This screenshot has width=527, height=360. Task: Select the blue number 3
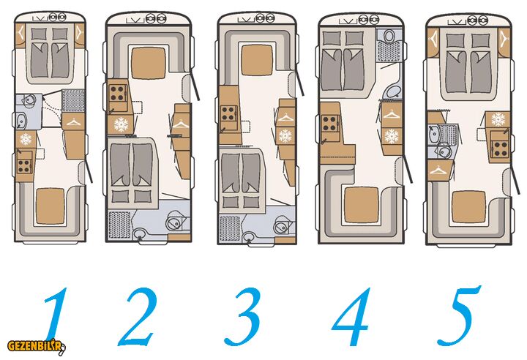point(243,316)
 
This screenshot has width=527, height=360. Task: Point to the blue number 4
point(352,316)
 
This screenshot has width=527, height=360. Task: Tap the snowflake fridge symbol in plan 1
point(26,139)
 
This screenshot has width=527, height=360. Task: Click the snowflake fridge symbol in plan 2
point(121,124)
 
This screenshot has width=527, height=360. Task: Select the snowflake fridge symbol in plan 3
point(285,135)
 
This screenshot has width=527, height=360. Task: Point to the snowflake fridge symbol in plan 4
point(391,136)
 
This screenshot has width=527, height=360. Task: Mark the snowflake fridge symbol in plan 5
point(498,119)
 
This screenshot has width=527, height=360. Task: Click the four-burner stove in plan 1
point(24,165)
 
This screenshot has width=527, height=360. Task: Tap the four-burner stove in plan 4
point(329,124)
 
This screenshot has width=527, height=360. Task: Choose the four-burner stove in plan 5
point(500,149)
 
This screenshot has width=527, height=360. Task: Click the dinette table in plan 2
point(148,63)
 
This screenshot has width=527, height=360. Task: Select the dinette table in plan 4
point(362,204)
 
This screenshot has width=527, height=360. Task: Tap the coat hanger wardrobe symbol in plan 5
point(438,170)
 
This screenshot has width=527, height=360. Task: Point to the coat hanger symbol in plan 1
point(73,122)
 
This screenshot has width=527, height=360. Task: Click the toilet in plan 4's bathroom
point(389,35)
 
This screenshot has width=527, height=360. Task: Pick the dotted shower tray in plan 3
point(230,228)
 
